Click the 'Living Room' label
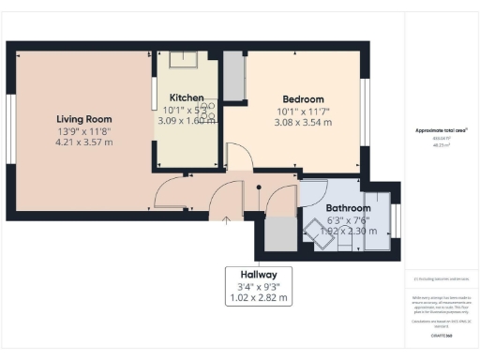[84, 119]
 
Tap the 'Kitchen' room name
[187, 97]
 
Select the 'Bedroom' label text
[303, 99]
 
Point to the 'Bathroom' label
[348, 207]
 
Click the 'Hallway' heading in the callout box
[258, 275]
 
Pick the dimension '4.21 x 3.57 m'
[84, 143]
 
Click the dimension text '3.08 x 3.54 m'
[303, 122]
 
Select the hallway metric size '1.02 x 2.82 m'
[258, 298]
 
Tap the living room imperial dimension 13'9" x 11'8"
[84, 131]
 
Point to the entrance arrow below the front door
[225, 221]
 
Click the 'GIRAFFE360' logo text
[441, 335]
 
